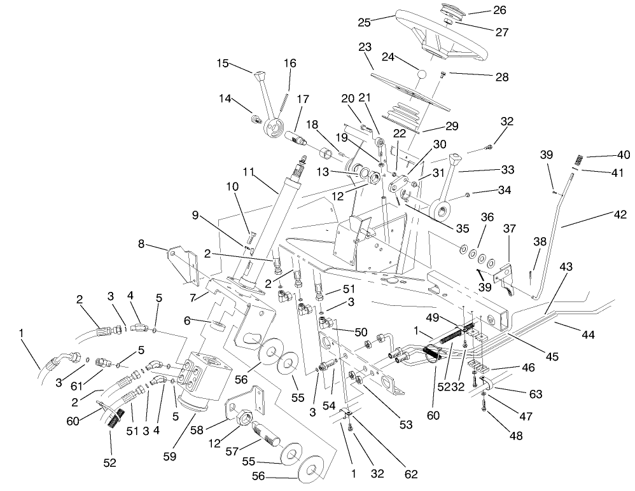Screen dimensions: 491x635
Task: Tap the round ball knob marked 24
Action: point(420,74)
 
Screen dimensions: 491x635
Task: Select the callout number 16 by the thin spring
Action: point(290,64)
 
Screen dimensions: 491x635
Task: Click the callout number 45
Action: point(551,357)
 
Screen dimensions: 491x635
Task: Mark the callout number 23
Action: point(364,47)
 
